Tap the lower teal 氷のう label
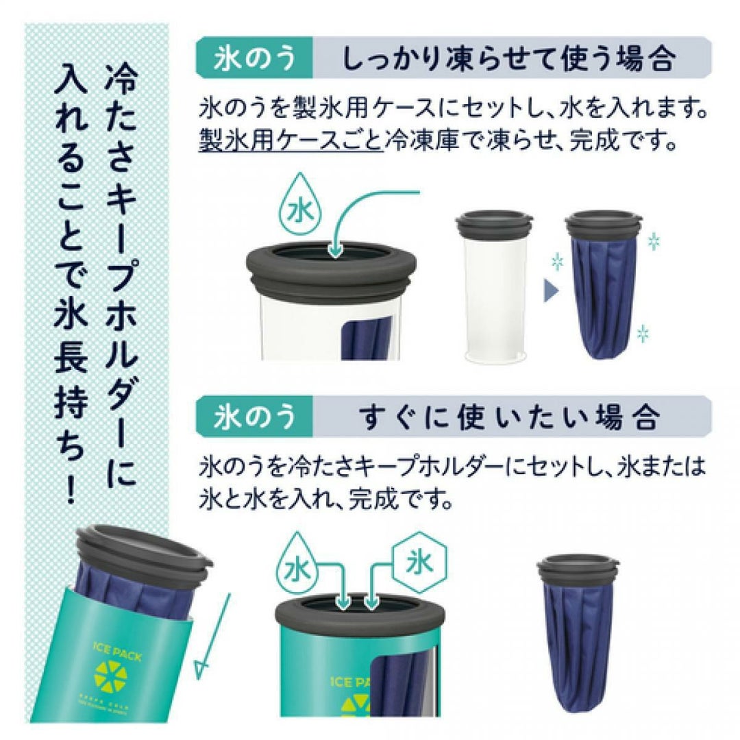pos(254,417)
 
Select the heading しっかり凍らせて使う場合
pos(508,58)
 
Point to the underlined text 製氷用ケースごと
pos(291,140)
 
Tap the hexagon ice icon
pos(419,563)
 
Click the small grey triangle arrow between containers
pos(551,291)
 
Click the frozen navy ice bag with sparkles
pos(604,284)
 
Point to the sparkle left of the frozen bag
pos(557,261)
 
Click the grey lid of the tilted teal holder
pos(145,550)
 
